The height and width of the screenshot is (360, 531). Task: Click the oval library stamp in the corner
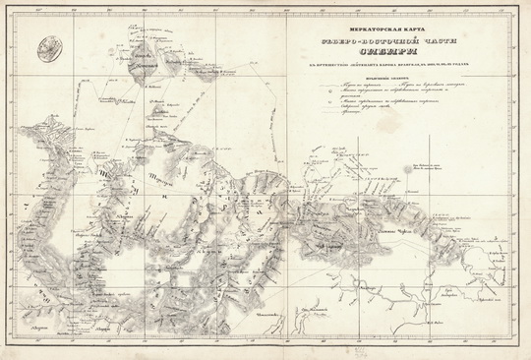45,44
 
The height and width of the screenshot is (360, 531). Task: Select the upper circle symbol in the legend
322,96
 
